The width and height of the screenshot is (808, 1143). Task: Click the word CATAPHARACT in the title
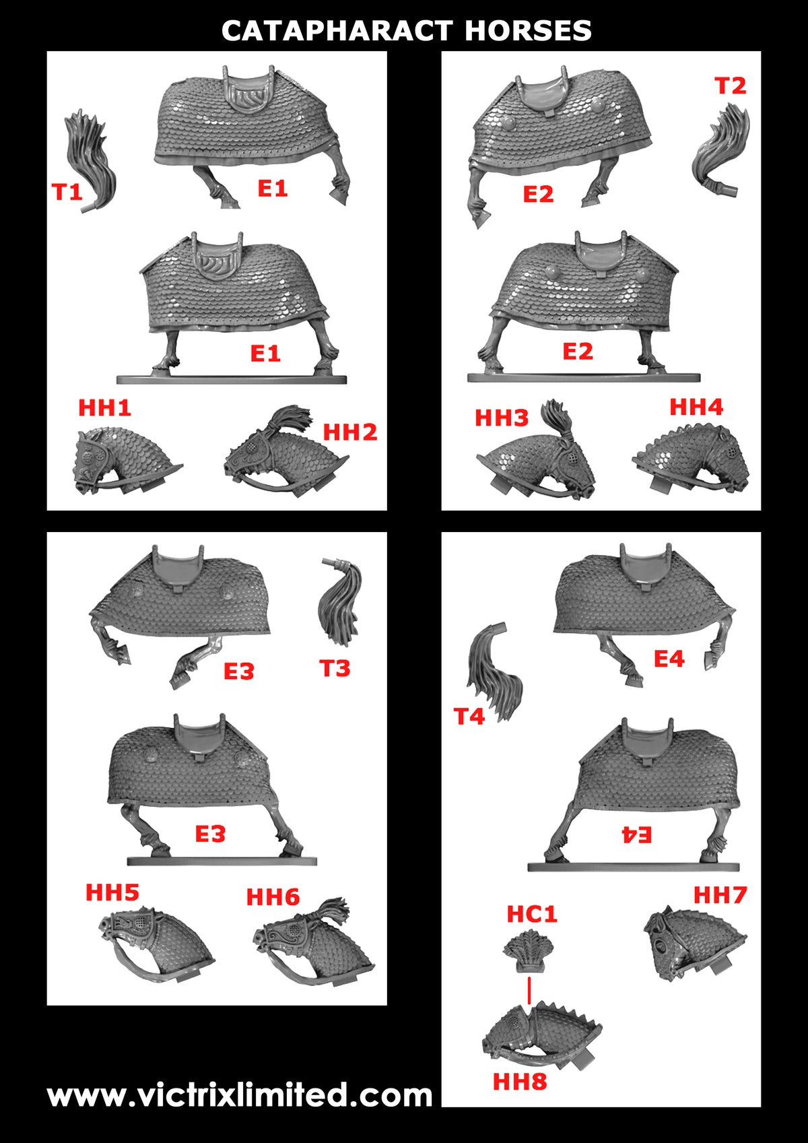click(337, 31)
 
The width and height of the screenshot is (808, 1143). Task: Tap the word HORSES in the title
click(528, 31)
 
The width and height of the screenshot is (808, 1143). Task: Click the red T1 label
click(67, 193)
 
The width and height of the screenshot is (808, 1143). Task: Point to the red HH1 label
click(104, 407)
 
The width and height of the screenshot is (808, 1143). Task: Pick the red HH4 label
click(696, 407)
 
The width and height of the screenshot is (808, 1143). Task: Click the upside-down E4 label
click(636, 835)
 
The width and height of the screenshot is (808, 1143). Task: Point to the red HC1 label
click(532, 914)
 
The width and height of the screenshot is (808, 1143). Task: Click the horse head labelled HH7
click(694, 944)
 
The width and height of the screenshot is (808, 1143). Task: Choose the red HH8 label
click(520, 1082)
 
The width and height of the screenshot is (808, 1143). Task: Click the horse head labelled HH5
click(156, 944)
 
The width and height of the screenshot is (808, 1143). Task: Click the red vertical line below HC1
click(529, 991)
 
